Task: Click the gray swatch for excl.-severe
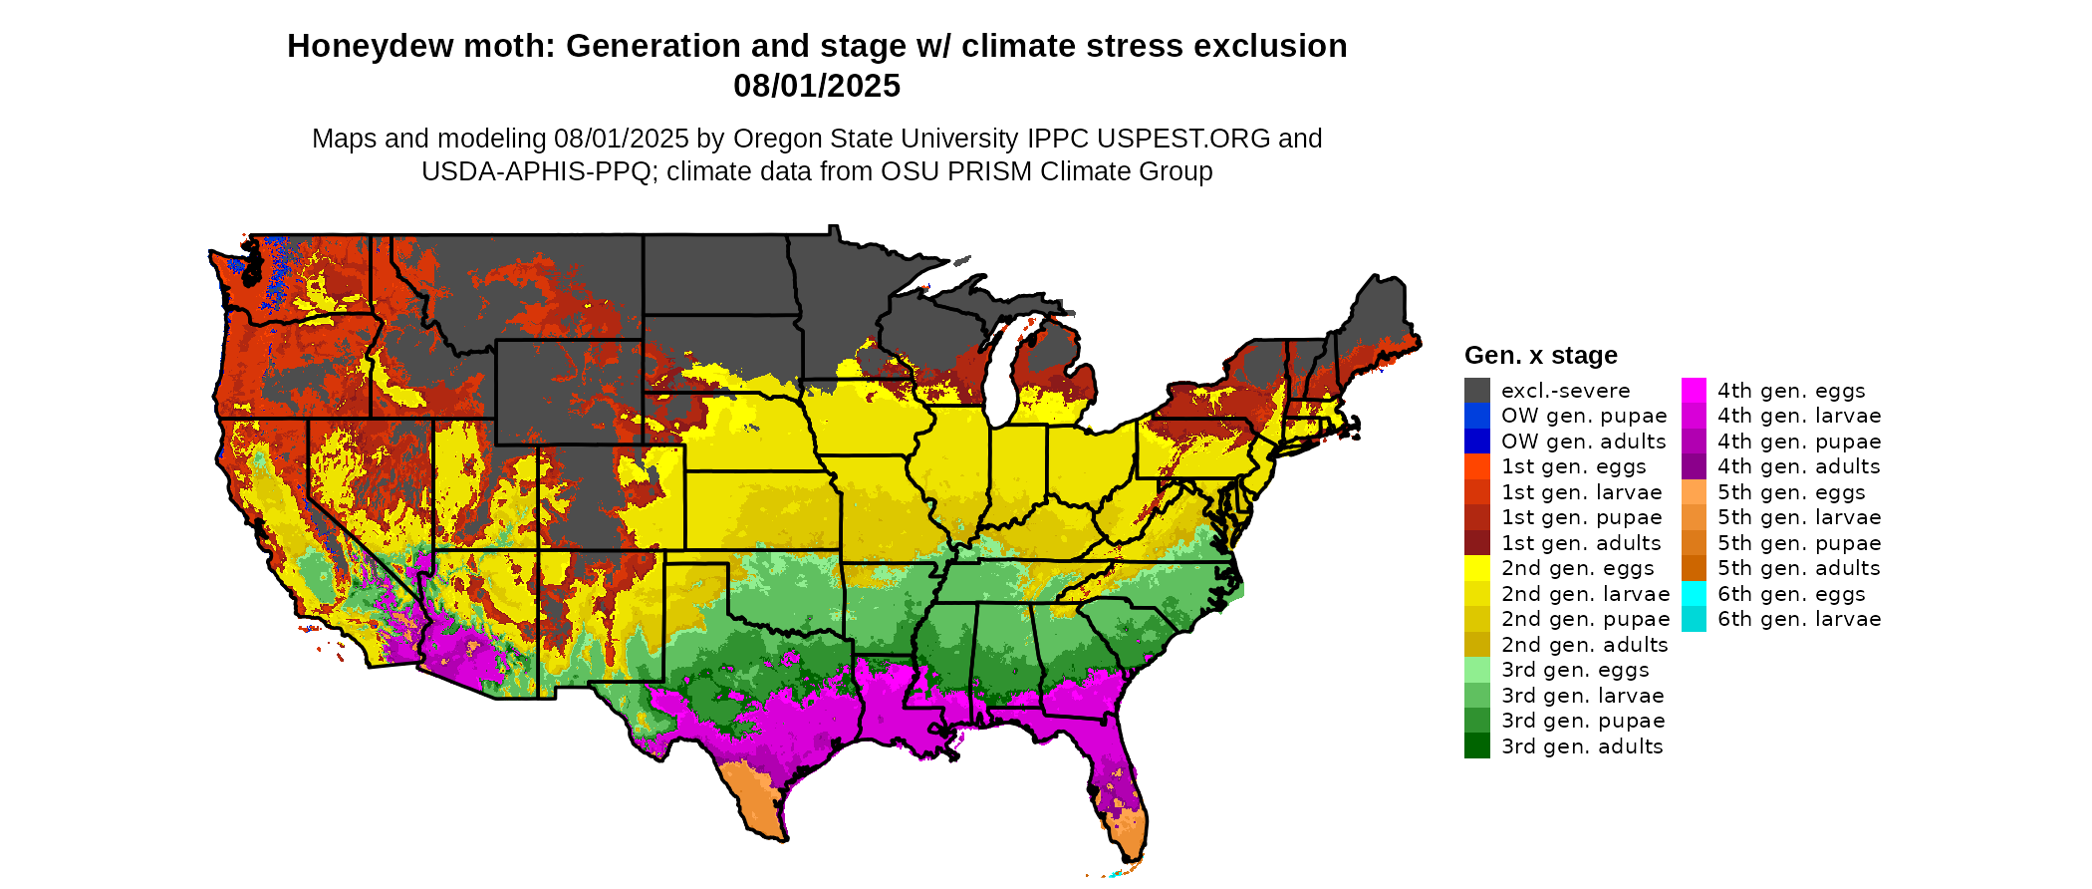point(1476,391)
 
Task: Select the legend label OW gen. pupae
point(1584,416)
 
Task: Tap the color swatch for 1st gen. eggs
point(1476,466)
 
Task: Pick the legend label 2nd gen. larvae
point(1585,594)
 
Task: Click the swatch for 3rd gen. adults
point(1476,746)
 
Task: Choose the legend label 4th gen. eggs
point(1791,391)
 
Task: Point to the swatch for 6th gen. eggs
point(1694,594)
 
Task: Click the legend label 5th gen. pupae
point(1799,543)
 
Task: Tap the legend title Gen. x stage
point(1540,355)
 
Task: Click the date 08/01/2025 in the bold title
point(817,87)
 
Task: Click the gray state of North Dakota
point(717,274)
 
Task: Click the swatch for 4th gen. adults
point(1694,466)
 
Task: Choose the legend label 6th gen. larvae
point(1799,619)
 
